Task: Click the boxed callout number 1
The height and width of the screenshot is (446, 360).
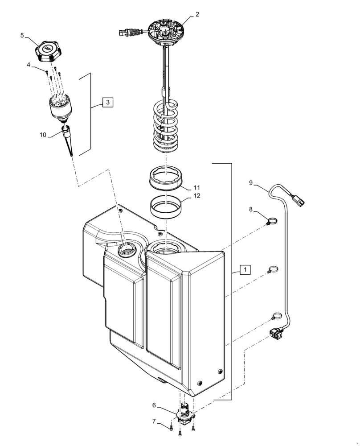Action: coord(246,269)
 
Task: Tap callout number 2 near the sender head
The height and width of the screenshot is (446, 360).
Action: coord(197,15)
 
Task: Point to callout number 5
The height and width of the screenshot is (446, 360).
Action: coord(22,36)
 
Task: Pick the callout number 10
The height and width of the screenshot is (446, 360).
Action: coord(42,134)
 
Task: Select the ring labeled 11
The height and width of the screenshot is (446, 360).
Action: coord(167,178)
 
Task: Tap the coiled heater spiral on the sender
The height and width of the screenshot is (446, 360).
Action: coord(166,127)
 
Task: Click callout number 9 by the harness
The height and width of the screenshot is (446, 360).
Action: coord(251,182)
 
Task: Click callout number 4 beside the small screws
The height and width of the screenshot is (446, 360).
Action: coord(29,65)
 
